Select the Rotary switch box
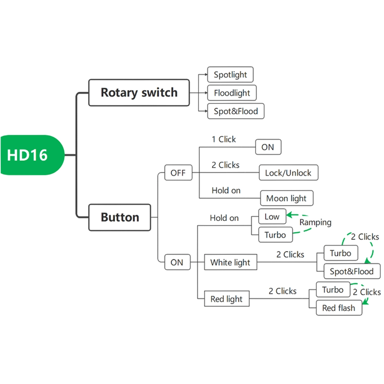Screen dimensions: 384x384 (x=139, y=93)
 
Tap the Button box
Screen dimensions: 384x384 (x=120, y=217)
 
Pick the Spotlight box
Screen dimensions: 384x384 (x=230, y=74)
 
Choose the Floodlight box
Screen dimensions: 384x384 (x=232, y=93)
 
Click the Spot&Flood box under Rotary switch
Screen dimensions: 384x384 (x=236, y=111)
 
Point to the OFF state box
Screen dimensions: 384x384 (x=178, y=173)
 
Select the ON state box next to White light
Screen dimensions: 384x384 (x=177, y=263)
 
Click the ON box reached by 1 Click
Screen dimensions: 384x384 (x=268, y=147)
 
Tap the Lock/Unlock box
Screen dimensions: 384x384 (x=288, y=173)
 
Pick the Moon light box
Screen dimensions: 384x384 (x=286, y=199)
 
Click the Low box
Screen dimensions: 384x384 (x=272, y=217)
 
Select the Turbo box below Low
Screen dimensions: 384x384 (x=275, y=235)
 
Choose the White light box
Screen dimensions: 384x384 (x=230, y=263)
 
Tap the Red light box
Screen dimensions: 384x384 (x=227, y=299)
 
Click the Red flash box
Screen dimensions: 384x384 (x=339, y=308)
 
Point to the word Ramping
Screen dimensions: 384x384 (x=315, y=222)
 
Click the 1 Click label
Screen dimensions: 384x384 (x=223, y=139)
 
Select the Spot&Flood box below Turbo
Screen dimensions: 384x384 (x=351, y=271)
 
